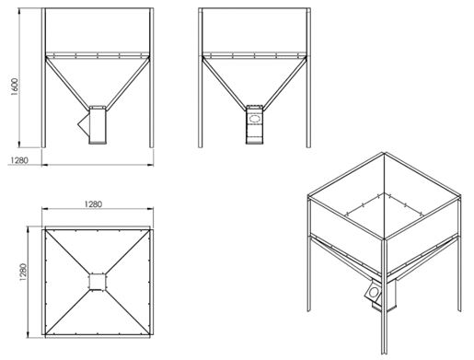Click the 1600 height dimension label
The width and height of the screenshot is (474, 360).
point(15,87)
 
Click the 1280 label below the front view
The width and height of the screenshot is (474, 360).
point(19,160)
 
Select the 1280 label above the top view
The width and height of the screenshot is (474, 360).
point(93,204)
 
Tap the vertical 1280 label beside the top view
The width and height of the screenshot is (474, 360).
point(23,272)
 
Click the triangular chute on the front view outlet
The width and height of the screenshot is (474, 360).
point(84,123)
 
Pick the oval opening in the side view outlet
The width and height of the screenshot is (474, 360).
point(254,119)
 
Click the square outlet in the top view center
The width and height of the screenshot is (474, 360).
point(98,282)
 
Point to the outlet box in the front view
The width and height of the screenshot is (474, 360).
point(98,125)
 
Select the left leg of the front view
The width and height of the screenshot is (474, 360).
point(43,77)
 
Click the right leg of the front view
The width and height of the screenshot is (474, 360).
point(151,77)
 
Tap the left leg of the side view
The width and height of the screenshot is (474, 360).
point(201,77)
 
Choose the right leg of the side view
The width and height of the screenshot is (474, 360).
point(308,77)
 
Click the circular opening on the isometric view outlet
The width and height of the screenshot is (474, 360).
point(374,292)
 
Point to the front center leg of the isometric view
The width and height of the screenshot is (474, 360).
point(384,296)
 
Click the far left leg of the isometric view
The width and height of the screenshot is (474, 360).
point(309,253)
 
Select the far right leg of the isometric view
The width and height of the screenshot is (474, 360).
point(459,253)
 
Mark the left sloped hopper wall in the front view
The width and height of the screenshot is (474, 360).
point(68,83)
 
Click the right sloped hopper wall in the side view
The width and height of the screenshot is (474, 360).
point(284,83)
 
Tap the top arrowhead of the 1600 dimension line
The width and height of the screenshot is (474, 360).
point(19,11)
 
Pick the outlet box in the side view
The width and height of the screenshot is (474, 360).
point(254,124)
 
